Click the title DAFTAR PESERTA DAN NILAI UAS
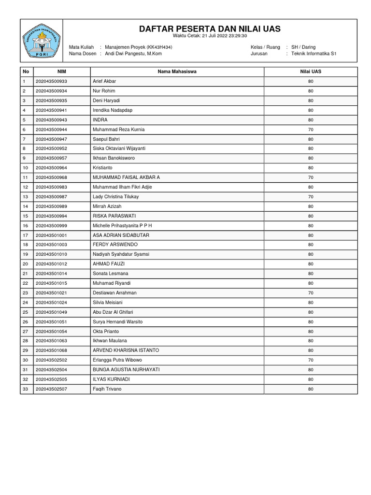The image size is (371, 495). point(210,29)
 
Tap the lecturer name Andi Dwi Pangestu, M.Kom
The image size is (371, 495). point(133,54)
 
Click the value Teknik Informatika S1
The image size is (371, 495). point(314,54)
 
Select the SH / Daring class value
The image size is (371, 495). point(303,47)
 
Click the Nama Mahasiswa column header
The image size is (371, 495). point(177,72)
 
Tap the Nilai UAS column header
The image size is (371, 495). point(311,72)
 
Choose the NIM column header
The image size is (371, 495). point(61,72)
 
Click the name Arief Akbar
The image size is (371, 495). point(104,81)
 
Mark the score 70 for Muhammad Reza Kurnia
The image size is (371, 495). point(311,130)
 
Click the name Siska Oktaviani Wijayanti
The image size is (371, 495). point(119,148)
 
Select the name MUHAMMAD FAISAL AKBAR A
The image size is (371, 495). point(126,177)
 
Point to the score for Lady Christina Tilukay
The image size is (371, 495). point(311,197)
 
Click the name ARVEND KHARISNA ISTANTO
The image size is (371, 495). point(126,350)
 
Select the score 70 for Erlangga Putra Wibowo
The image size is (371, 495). point(311,360)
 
